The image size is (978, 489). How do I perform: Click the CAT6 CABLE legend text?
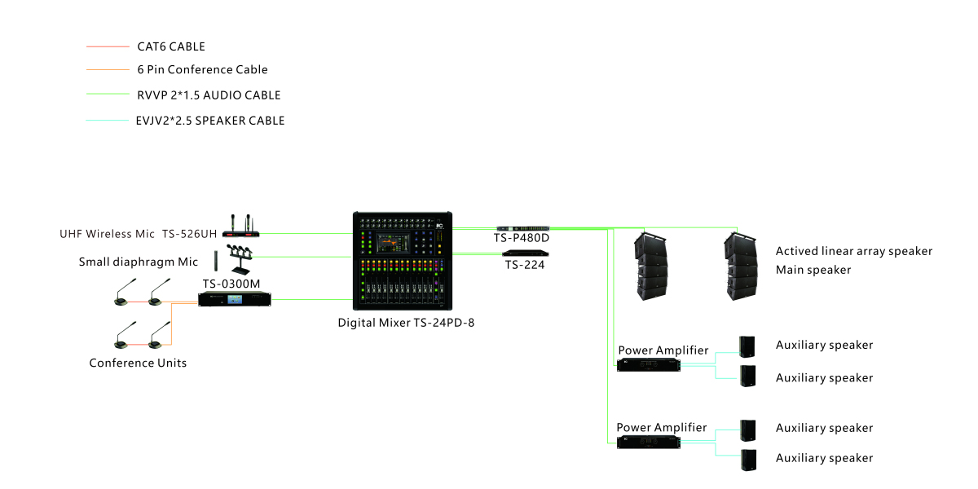(x=171, y=46)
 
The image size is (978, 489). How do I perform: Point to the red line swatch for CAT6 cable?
(x=108, y=46)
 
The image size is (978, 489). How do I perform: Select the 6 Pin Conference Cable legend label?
(x=202, y=70)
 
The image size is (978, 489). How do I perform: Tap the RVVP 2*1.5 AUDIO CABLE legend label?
(x=209, y=95)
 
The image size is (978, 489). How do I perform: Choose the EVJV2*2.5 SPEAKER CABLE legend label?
(x=210, y=121)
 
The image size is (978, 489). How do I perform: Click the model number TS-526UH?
(x=189, y=234)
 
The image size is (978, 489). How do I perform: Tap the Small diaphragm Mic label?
(x=139, y=262)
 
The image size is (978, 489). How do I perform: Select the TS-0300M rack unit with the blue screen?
(x=233, y=300)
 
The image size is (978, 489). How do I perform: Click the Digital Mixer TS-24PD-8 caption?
(x=406, y=323)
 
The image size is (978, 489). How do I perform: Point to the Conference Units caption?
(x=138, y=363)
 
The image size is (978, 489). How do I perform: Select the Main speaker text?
(x=813, y=270)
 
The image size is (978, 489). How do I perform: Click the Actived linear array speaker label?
(x=853, y=251)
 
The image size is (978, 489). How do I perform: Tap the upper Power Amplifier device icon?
(x=649, y=364)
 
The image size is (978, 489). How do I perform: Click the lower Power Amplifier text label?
(x=661, y=427)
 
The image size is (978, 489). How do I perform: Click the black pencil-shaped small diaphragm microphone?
(x=216, y=262)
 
